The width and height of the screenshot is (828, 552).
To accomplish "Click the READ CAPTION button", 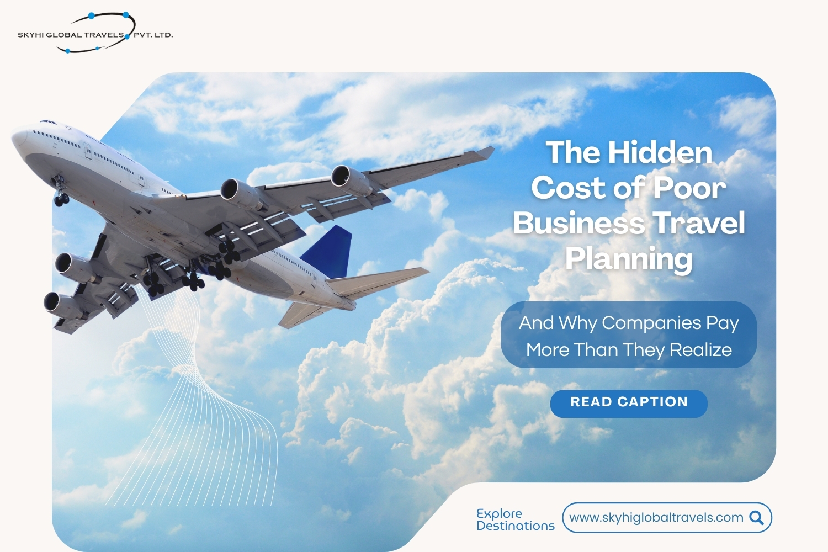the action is (629, 404).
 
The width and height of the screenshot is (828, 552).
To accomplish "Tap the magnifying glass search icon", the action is (756, 518).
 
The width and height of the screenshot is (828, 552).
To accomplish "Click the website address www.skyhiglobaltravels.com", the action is (656, 517).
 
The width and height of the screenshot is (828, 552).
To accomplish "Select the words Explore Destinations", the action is (515, 519).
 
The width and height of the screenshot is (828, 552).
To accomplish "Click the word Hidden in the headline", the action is (660, 152).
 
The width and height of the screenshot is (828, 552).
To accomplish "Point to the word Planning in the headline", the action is (629, 259).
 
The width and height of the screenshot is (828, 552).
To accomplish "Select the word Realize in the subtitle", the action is (700, 349).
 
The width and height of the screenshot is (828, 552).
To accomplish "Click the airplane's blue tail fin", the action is (329, 251).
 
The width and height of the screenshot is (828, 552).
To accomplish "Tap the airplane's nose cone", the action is (18, 139).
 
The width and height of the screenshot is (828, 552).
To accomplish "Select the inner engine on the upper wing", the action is (242, 194).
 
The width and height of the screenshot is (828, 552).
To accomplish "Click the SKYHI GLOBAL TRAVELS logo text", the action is (71, 35).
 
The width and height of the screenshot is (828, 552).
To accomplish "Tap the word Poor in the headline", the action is (689, 188).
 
